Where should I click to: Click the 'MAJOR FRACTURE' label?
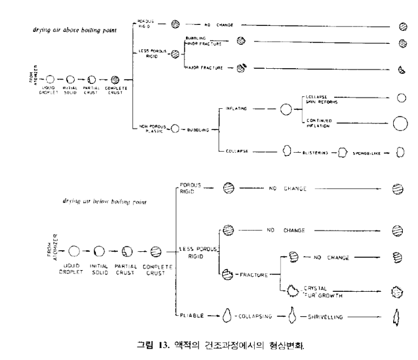point(204,68)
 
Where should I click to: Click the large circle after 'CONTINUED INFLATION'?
point(400,123)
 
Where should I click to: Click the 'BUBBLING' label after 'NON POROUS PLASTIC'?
point(196,130)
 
